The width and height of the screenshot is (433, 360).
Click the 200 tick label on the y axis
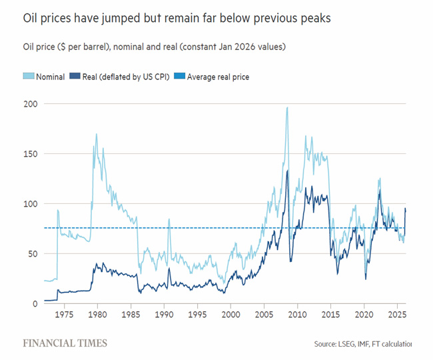[31, 104]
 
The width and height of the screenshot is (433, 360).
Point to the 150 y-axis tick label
[31, 154]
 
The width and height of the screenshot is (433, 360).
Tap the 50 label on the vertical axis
[33, 254]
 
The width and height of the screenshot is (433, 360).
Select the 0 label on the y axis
[35, 303]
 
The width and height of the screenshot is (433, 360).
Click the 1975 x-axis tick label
[64, 315]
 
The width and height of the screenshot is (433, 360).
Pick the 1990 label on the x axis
[164, 315]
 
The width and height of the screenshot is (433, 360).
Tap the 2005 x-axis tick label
[264, 315]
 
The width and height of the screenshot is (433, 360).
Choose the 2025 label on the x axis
[397, 315]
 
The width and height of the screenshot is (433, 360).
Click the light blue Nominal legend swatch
[29, 76]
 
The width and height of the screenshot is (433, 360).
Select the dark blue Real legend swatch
[75, 76]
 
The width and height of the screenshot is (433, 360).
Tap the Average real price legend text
[218, 77]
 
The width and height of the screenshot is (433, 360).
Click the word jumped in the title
[121, 19]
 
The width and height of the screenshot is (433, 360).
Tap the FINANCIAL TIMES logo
[65, 343]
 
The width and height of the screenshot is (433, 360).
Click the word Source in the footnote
[325, 344]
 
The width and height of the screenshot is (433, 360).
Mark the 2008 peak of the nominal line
[288, 107]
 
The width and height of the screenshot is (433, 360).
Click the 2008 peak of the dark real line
[288, 171]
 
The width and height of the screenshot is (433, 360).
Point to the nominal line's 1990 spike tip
[169, 219]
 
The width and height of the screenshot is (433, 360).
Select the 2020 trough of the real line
[366, 279]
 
